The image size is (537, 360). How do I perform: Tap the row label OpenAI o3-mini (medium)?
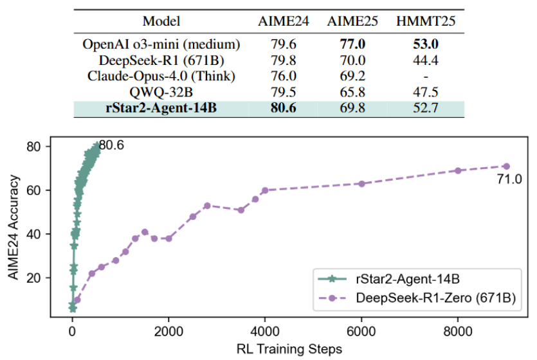[x=161, y=45]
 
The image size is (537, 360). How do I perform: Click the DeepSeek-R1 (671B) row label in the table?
[x=161, y=60]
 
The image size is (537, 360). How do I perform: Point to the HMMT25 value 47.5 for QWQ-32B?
[x=426, y=92]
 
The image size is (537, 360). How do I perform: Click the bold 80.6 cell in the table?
[x=283, y=107]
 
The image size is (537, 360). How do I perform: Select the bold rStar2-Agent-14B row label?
[x=161, y=107]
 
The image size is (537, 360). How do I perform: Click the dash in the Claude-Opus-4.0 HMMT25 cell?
[x=426, y=76]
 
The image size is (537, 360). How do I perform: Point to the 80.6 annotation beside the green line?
[x=111, y=146]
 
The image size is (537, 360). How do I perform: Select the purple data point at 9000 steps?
[x=505, y=166]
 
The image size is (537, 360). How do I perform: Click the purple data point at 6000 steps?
[x=361, y=183]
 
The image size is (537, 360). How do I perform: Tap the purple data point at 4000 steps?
[x=265, y=190]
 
